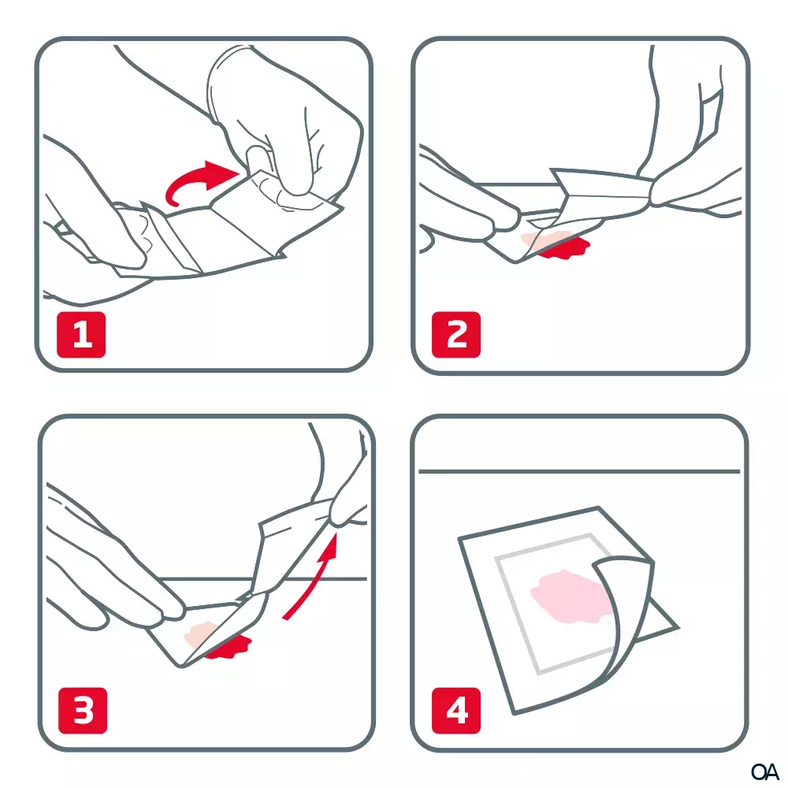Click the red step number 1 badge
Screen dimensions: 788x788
coord(81,334)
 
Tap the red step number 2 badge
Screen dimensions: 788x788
coord(456,334)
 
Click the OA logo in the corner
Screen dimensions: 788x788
coord(764,771)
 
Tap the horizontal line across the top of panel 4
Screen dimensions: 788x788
coord(579,471)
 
